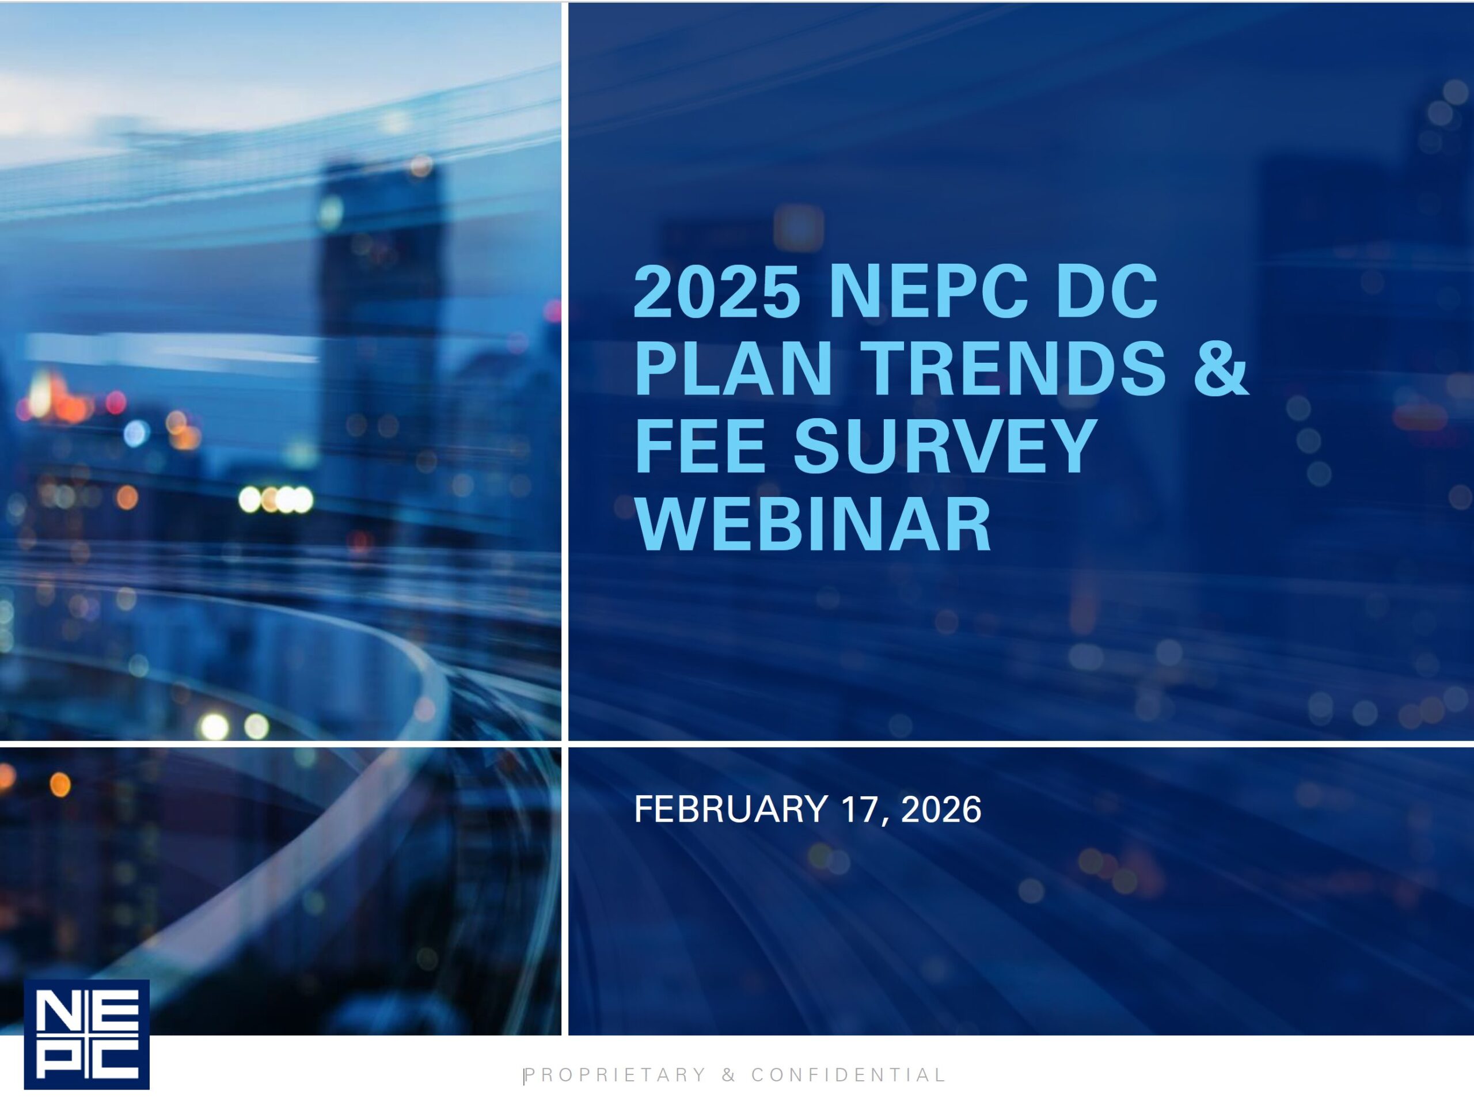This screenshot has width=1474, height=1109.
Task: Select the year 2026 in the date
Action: coord(941,809)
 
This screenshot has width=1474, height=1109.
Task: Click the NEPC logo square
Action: coord(86,1034)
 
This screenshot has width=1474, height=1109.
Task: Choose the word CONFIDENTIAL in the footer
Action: coord(848,1075)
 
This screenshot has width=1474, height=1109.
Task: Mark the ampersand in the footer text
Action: coord(729,1075)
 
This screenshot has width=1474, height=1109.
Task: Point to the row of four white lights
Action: coord(276,499)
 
